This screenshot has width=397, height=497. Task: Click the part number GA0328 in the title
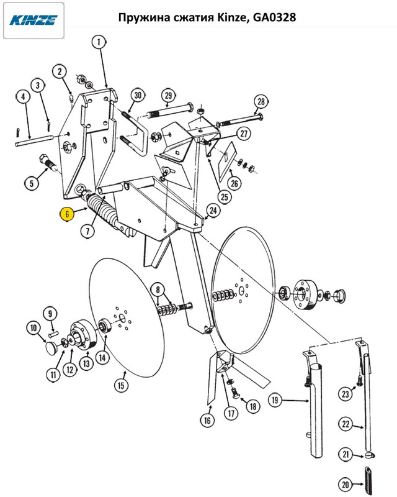tap(269, 19)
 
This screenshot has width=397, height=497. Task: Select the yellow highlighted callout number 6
tap(66, 214)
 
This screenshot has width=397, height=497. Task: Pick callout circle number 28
tap(261, 102)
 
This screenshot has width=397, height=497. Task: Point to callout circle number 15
tap(120, 385)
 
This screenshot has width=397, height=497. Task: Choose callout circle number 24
tap(213, 211)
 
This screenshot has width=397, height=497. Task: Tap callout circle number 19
tap(275, 400)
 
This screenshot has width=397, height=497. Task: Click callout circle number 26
tap(234, 183)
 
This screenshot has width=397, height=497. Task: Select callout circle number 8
tap(159, 290)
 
